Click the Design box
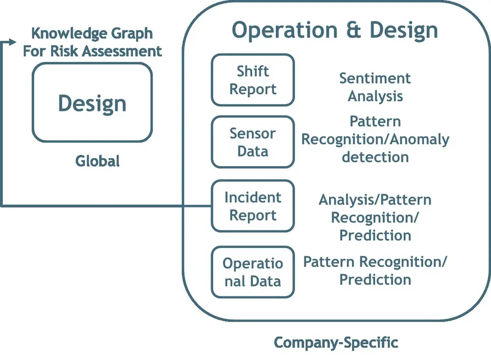[92, 103]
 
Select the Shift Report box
[253, 80]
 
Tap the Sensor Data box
[253, 142]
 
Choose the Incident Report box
[253, 206]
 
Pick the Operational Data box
[253, 272]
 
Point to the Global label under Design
[97, 161]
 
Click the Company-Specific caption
[336, 342]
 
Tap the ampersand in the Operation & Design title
[350, 30]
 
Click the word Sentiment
[375, 78]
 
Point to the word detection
[375, 157]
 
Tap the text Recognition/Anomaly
[375, 139]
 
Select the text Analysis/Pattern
[375, 200]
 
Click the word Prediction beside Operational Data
[375, 279]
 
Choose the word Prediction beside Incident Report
[375, 235]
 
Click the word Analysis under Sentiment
[375, 96]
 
